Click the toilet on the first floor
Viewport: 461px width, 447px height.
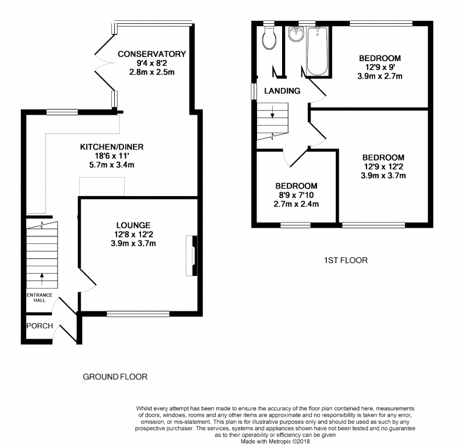tap(269, 38)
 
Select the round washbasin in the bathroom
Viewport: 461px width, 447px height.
tap(295, 34)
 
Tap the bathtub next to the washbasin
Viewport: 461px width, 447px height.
tap(317, 51)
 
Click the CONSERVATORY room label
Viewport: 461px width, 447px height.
tap(152, 54)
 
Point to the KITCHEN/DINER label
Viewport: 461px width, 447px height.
tap(112, 147)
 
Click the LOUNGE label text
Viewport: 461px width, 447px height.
tap(133, 225)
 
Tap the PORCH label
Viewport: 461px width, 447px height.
tap(40, 326)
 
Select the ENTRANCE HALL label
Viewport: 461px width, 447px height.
tap(40, 297)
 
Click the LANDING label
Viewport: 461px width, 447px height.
tap(282, 91)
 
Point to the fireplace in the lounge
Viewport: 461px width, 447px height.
tap(191, 256)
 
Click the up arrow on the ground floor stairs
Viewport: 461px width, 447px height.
tap(42, 279)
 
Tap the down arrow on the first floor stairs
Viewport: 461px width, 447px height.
tap(273, 112)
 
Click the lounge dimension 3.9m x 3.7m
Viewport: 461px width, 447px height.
tap(133, 243)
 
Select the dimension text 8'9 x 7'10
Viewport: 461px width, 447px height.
tap(296, 195)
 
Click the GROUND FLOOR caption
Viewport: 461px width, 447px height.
tap(115, 377)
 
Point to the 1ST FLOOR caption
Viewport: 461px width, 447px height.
tap(346, 260)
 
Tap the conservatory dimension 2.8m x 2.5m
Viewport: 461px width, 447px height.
tap(152, 72)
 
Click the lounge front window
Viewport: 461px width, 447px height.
tap(138, 314)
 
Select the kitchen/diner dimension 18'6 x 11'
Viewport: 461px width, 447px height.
tap(112, 156)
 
